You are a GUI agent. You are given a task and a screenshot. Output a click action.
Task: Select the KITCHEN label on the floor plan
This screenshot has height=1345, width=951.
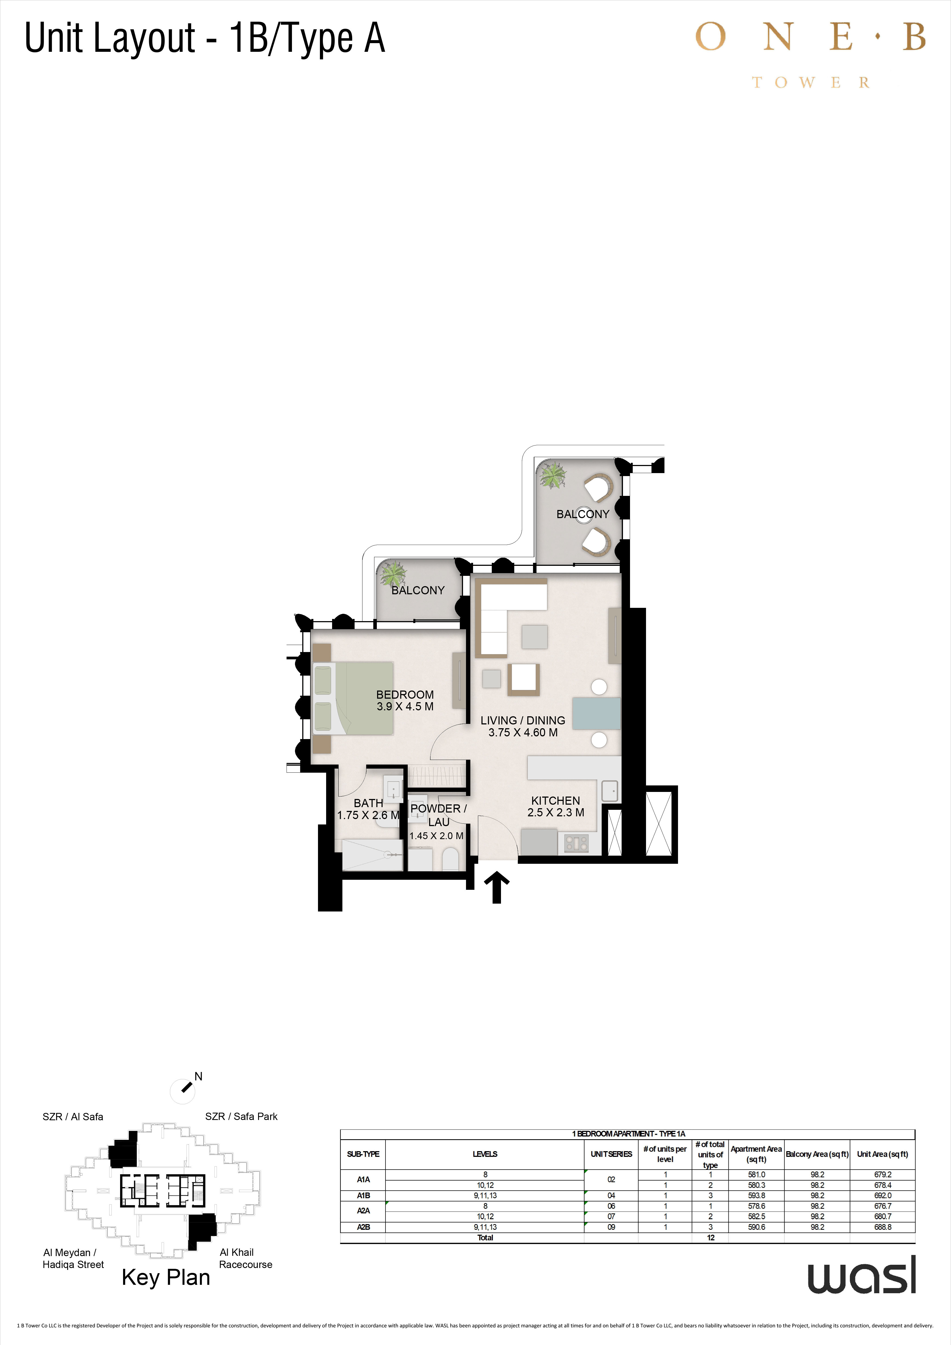pos(556,800)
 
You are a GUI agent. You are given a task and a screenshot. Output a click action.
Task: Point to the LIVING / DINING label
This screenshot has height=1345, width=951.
pos(523,721)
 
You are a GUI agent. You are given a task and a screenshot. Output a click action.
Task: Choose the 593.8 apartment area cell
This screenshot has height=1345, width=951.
pos(757,1195)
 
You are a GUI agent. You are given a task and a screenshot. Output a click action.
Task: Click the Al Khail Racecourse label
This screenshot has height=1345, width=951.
pos(245,1258)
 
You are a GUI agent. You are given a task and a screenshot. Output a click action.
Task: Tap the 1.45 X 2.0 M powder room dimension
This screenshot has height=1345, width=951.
pos(436,836)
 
